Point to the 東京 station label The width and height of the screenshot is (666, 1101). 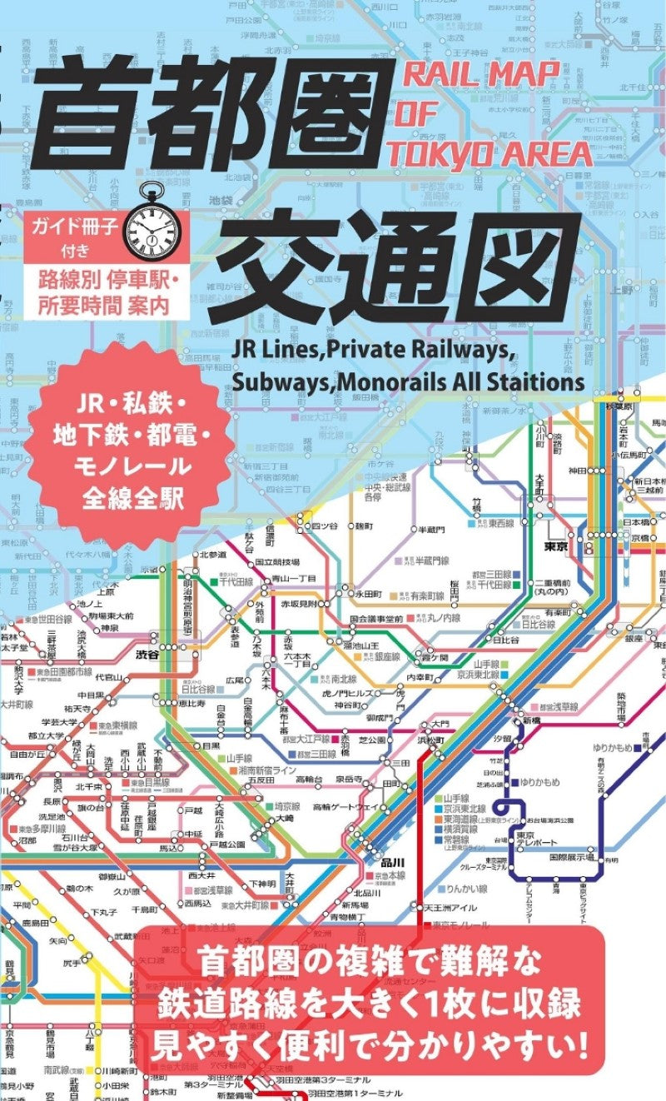point(555,546)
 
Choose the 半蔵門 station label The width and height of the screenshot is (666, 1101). point(430,530)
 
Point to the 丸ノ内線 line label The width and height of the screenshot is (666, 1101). point(444,618)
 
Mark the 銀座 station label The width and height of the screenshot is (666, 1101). point(634,637)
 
